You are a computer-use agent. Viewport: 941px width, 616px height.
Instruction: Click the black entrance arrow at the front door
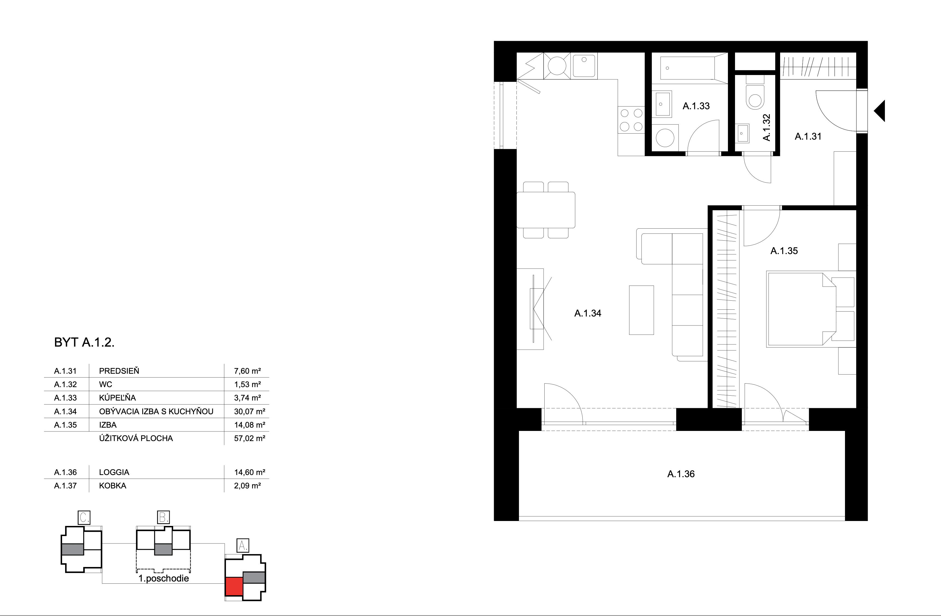pos(880,111)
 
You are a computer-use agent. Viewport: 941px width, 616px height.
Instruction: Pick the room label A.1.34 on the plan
pos(588,313)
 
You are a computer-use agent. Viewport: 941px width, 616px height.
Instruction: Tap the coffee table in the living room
pos(641,310)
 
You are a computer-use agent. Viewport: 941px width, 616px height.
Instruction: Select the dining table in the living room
pos(546,210)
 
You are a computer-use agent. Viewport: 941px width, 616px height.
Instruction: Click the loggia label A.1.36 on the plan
pos(681,474)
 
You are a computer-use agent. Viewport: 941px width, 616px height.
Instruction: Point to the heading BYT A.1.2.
pos(84,342)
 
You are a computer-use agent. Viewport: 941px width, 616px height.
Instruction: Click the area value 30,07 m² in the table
pos(249,411)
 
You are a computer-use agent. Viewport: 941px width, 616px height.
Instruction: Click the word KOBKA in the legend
pos(113,486)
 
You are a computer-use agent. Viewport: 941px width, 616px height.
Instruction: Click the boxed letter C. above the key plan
pos(85,517)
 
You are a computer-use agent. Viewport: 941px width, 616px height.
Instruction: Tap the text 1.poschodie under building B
pos(164,578)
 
